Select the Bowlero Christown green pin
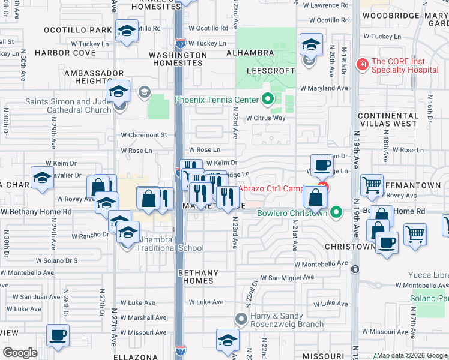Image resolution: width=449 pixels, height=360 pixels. tap(337, 212)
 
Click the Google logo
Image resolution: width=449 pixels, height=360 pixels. tap(20, 353)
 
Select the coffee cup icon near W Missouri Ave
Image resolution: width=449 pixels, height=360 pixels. tap(58, 335)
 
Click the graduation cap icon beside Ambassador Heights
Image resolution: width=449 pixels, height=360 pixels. tap(119, 91)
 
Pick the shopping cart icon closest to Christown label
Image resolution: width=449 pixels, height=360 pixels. tap(415, 234)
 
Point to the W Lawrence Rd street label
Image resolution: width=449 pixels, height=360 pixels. tap(325, 5)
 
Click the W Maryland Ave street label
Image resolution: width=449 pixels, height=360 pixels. tap(324, 88)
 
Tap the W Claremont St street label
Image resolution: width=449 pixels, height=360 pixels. tap(144, 136)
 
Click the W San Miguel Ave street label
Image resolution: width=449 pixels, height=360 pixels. tap(288, 278)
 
